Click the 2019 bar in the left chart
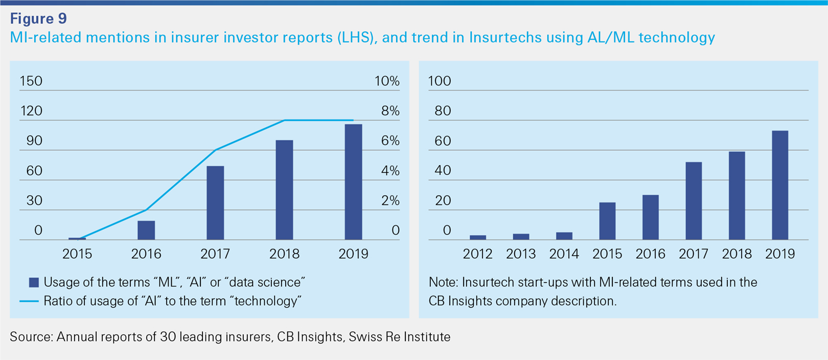pos(353,182)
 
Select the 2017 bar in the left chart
pos(215,203)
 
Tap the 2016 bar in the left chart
pos(146,230)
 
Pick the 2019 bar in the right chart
pos(780,185)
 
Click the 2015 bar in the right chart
pos(607,221)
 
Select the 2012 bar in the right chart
pos(478,237)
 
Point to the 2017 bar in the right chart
pos(694,201)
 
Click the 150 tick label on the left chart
pos(31,81)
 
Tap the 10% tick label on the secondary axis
pos(387,81)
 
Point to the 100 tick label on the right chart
pos(440,81)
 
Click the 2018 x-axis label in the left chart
pos(284,254)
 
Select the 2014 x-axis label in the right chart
pos(564,254)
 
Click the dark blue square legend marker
pos(34,282)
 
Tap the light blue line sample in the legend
pos(29,301)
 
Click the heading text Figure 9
pos(38,19)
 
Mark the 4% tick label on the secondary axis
pos(390,171)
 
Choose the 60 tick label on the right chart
pos(443,141)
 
